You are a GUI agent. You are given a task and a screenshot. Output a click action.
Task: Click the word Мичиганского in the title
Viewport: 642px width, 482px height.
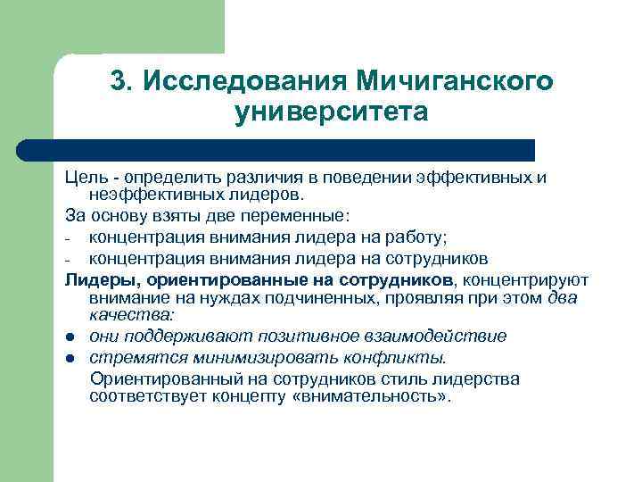(455, 81)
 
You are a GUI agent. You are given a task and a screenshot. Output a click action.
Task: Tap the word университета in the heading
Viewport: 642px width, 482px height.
(332, 113)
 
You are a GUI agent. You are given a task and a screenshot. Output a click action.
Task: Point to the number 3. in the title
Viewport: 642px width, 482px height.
(121, 81)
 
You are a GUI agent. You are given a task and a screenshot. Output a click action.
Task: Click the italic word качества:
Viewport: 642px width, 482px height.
(132, 314)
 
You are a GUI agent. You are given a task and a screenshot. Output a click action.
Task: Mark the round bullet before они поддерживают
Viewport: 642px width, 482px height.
(70, 337)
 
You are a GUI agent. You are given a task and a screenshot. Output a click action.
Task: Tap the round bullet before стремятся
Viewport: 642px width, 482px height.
(70, 358)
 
